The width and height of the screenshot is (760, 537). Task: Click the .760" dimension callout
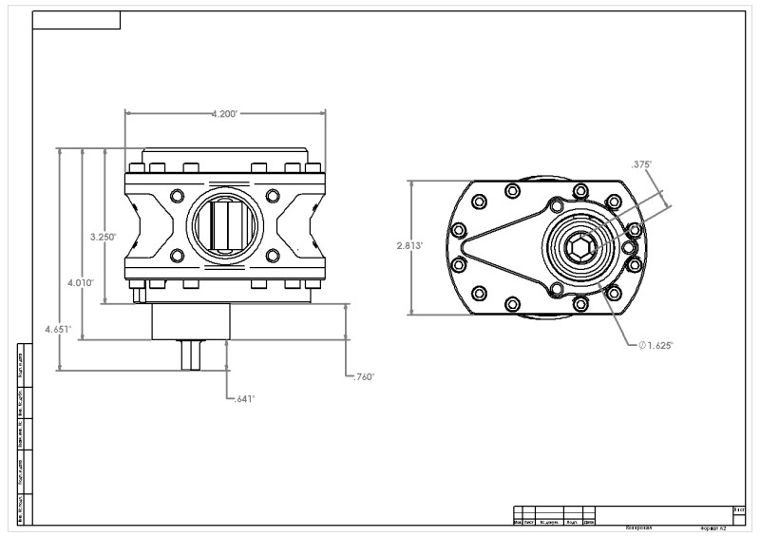pyautogui.click(x=363, y=376)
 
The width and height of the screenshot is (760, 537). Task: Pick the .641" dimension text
pyautogui.click(x=244, y=399)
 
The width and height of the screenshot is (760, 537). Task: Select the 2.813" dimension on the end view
pyautogui.click(x=409, y=244)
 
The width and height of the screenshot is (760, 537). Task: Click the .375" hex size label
pyautogui.click(x=641, y=164)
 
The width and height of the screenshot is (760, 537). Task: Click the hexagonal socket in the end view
pyautogui.click(x=578, y=249)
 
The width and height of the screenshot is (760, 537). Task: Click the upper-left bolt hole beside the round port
pyautogui.click(x=176, y=196)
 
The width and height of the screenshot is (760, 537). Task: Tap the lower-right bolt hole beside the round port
pyautogui.click(x=273, y=256)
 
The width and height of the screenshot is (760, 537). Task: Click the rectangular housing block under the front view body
pyautogui.click(x=191, y=321)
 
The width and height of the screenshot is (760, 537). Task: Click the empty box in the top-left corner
pyautogui.click(x=76, y=21)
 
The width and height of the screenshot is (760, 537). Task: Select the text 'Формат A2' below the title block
pyautogui.click(x=713, y=527)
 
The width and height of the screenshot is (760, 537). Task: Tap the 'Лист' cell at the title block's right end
pyautogui.click(x=738, y=510)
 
